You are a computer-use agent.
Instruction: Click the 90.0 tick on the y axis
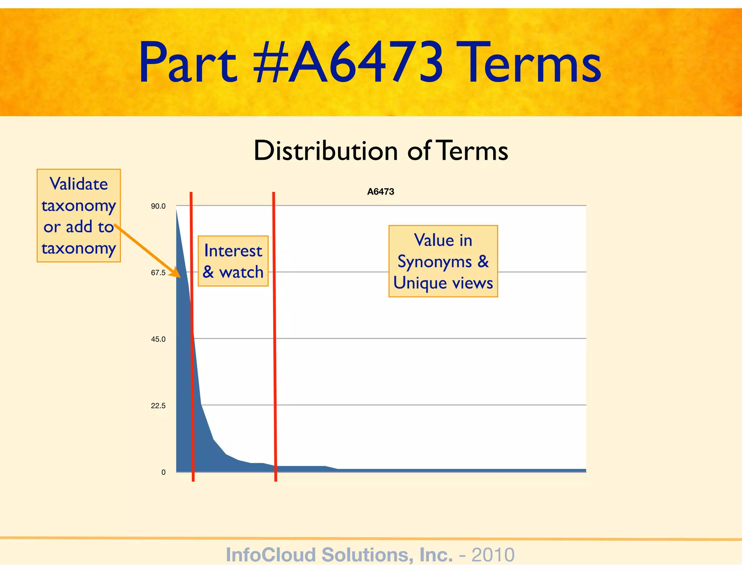pyautogui.click(x=158, y=206)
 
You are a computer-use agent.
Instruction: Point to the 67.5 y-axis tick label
pyautogui.click(x=158, y=273)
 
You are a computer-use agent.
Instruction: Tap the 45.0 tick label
pyautogui.click(x=158, y=339)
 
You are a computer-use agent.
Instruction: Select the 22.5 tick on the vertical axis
pyautogui.click(x=158, y=406)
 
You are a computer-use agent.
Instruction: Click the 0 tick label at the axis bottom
pyautogui.click(x=163, y=472)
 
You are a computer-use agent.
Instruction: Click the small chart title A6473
pyautogui.click(x=380, y=192)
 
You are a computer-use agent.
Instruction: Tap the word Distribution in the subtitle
pyautogui.click(x=326, y=150)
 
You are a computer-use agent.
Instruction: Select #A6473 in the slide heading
pyautogui.click(x=348, y=63)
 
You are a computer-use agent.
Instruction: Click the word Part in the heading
pyautogui.click(x=188, y=63)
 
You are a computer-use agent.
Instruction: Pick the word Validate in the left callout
pyautogui.click(x=79, y=184)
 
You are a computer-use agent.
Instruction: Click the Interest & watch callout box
pyautogui.click(x=233, y=261)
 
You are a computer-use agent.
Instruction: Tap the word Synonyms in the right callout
pyautogui.click(x=434, y=262)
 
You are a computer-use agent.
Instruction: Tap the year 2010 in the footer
pyautogui.click(x=493, y=555)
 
